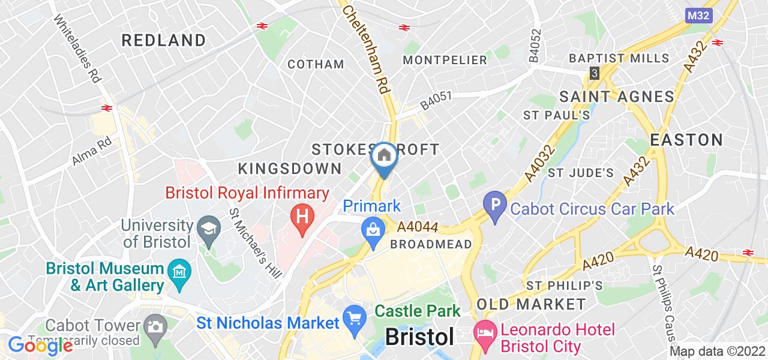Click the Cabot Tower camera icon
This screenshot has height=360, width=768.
pos(155,327)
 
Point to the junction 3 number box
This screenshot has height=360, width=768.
pos(594,73)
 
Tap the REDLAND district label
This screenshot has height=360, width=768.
pos(164,40)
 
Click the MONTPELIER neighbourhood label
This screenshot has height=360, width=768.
pos(445,59)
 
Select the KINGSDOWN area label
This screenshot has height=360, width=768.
pos(290,169)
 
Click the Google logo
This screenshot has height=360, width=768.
pos(40,346)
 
